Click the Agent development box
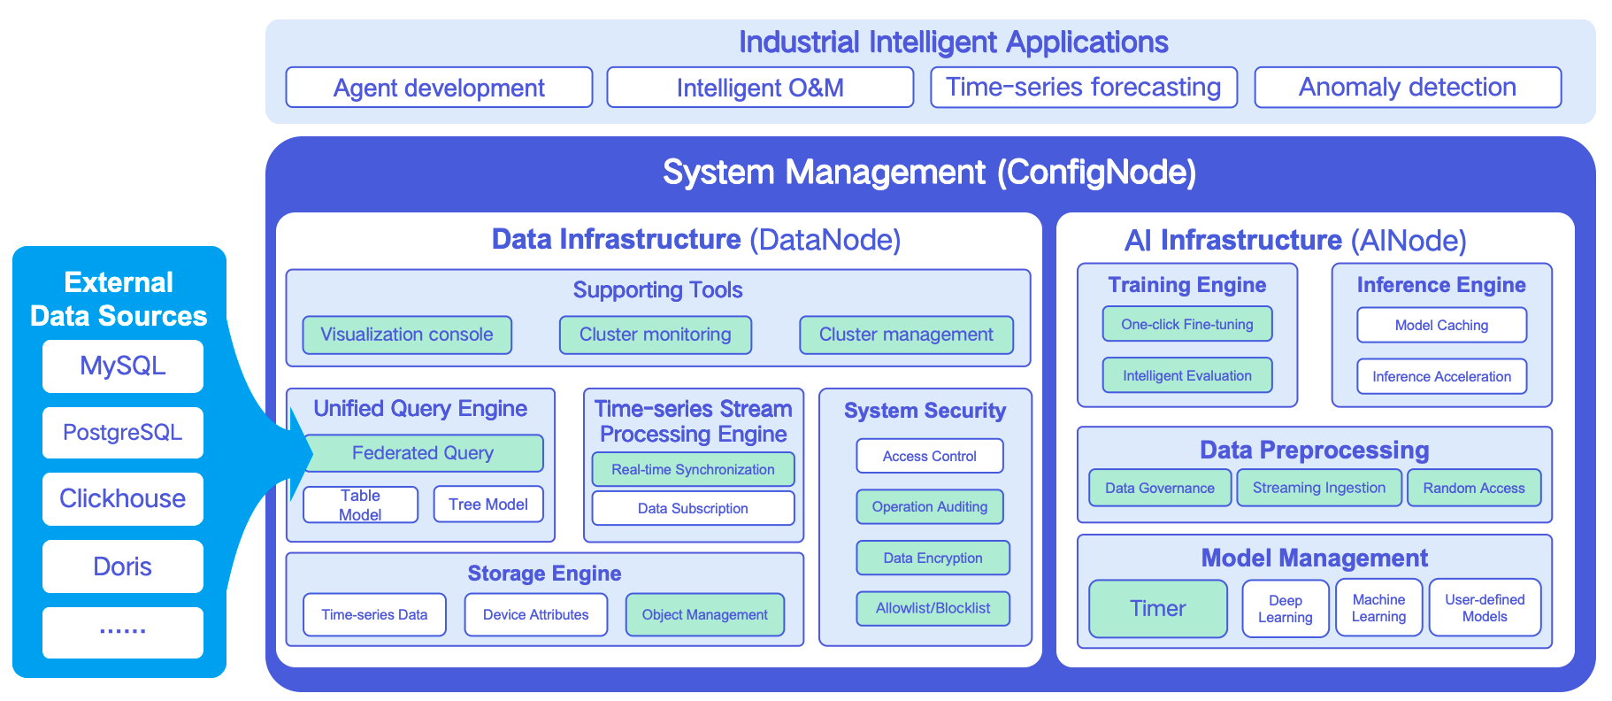(439, 88)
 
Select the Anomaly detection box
(1408, 88)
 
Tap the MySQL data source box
(123, 366)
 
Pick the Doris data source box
(123, 566)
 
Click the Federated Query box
(423, 453)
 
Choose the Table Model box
(361, 505)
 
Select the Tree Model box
(488, 505)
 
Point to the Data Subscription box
(693, 508)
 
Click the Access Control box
(930, 456)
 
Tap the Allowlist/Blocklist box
(933, 608)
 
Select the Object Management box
(705, 614)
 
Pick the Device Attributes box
(536, 614)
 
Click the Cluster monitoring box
(656, 335)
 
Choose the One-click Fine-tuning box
(1187, 324)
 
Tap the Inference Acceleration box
(1442, 376)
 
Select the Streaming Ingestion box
(1319, 488)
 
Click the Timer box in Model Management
(1158, 608)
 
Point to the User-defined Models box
(1485, 608)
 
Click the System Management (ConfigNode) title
(930, 172)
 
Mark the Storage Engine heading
(544, 574)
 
